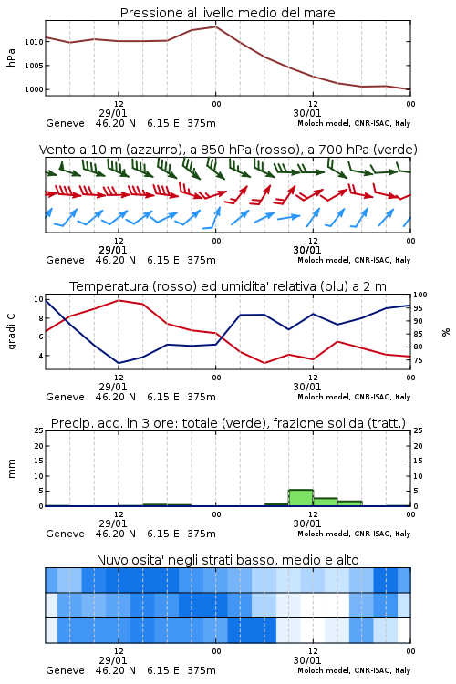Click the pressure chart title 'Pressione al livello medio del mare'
[227, 13]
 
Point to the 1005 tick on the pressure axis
[34, 66]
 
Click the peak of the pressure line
[215, 26]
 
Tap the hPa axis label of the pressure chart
[11, 57]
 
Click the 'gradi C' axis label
[11, 332]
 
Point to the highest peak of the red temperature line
[119, 300]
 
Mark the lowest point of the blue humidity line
[119, 363]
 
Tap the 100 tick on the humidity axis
[420, 295]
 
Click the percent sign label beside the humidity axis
[446, 332]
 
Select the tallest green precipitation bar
[301, 498]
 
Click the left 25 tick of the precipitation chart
[39, 430]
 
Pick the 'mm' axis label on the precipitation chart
[11, 469]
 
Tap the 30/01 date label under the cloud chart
[307, 660]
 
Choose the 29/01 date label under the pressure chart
[113, 113]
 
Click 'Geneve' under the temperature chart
[65, 397]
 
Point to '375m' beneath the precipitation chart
[202, 534]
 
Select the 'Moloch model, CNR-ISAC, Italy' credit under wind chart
[354, 260]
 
